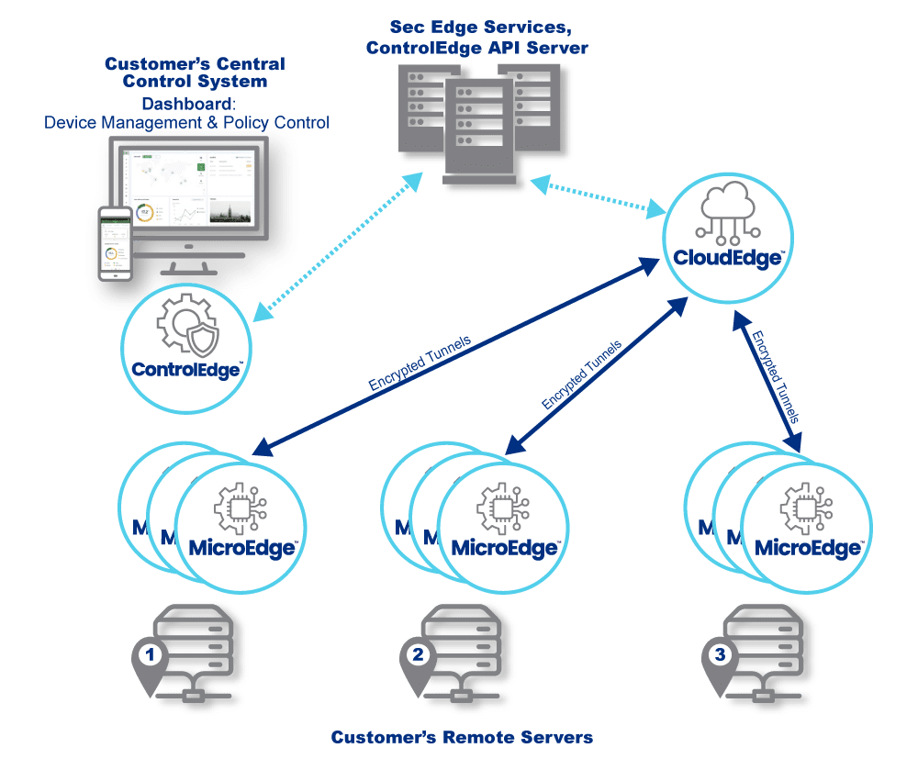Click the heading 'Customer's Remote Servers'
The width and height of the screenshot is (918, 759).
tap(462, 737)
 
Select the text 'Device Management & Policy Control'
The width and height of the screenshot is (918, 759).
tap(186, 122)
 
